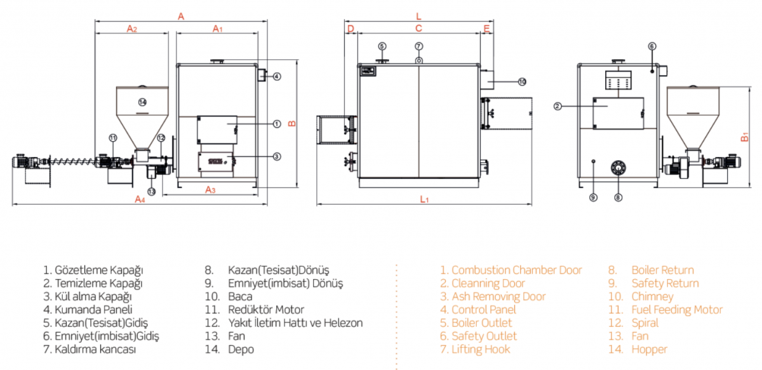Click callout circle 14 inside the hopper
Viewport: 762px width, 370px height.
(x=142, y=102)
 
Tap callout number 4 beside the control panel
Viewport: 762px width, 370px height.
(x=276, y=77)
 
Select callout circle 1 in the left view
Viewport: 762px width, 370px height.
(x=276, y=124)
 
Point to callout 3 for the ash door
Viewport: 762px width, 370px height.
(x=276, y=156)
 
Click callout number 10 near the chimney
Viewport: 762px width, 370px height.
(x=522, y=81)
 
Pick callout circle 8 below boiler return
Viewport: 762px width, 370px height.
(x=618, y=197)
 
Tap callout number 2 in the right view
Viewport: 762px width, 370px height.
(x=558, y=106)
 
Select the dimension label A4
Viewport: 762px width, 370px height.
(x=140, y=199)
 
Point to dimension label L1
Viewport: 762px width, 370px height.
(x=425, y=199)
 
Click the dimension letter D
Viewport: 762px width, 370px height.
(x=350, y=29)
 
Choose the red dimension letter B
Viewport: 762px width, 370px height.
(x=291, y=123)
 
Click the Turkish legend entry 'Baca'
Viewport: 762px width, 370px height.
(x=240, y=296)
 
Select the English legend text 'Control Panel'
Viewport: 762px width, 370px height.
(x=483, y=310)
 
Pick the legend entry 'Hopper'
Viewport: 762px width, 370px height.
(x=649, y=349)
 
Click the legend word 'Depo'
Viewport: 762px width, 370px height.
(x=241, y=349)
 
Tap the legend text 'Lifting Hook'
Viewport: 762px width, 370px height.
(x=481, y=349)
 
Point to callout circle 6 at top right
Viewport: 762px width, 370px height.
(x=652, y=46)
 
